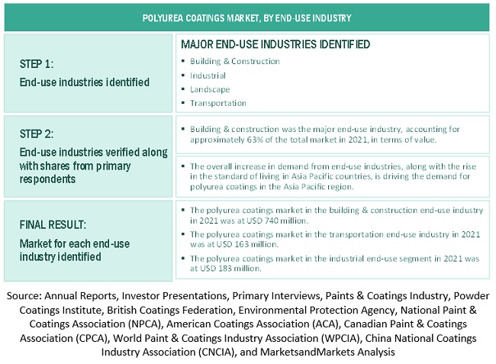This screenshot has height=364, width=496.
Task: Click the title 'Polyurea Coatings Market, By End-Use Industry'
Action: click(x=247, y=16)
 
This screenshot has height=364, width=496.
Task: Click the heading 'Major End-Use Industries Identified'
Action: click(x=275, y=44)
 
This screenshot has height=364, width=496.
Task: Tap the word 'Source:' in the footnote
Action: click(x=26, y=295)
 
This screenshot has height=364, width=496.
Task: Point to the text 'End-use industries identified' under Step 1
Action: click(x=84, y=82)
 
